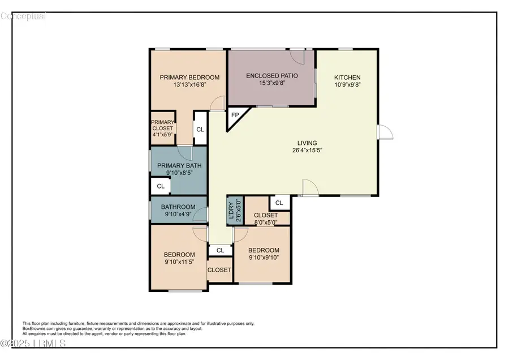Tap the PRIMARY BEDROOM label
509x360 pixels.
[189, 78]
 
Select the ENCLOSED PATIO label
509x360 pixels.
[272, 76]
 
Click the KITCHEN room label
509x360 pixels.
[347, 78]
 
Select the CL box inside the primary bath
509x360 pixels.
[161, 186]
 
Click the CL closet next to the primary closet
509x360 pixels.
[200, 129]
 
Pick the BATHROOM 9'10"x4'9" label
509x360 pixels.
[178, 207]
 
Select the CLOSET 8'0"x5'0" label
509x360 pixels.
[265, 216]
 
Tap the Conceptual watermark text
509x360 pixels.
[23, 16]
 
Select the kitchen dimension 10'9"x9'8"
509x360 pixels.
[347, 85]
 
